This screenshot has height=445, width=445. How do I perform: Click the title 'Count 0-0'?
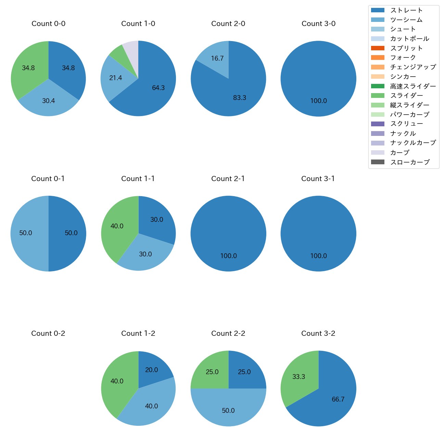point(48,24)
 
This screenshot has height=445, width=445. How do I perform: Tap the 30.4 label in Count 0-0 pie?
point(48,101)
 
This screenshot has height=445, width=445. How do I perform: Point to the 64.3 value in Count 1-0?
point(158,88)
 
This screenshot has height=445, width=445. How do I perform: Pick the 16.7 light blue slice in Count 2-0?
point(216,56)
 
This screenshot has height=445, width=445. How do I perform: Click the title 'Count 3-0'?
point(318,24)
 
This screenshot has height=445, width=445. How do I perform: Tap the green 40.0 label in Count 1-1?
point(117,226)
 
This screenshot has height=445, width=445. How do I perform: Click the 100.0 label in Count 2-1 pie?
point(228,256)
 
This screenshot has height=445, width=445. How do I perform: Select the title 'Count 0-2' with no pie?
point(48,333)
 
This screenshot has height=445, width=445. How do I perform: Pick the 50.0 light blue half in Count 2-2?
point(228,410)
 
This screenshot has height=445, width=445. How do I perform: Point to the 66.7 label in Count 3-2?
point(338,399)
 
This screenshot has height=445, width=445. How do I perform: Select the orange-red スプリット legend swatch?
point(378,48)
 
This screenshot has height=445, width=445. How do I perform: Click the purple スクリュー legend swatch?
point(378,124)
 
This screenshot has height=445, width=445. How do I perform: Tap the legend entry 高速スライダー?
point(413,86)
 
